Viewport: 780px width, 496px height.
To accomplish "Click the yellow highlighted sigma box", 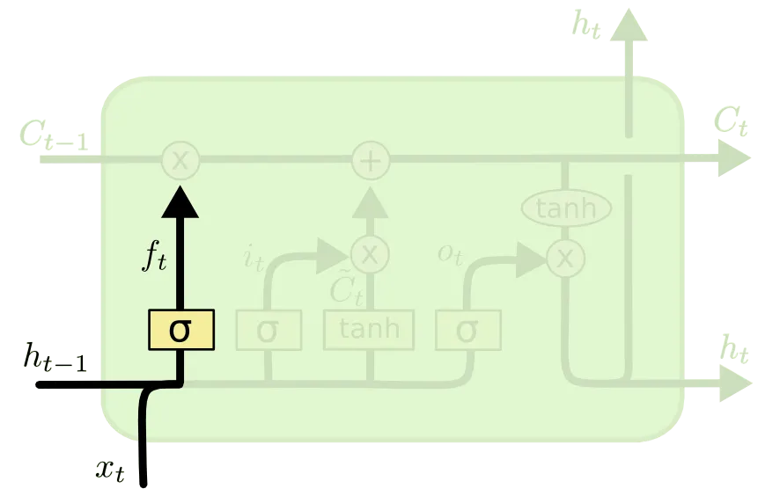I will pos(180,330).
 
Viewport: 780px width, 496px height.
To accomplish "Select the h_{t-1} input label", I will pos(55,359).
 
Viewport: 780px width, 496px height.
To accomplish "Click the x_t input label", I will pos(111,469).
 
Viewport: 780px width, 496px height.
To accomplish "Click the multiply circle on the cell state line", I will pos(180,161).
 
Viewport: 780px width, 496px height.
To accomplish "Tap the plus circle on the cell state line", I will pos(371,161).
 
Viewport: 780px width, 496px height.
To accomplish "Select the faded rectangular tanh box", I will pos(370,330).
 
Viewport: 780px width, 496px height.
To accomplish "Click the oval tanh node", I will pos(566,208).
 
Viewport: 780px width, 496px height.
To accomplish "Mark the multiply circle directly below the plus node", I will pos(371,255).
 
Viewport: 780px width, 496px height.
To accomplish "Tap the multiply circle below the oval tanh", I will pos(565,258).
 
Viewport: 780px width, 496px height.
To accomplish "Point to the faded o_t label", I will pos(450,253).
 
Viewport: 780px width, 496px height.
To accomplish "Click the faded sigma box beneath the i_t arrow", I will pos(269,331).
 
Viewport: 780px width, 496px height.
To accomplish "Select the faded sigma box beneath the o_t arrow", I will pos(467,331).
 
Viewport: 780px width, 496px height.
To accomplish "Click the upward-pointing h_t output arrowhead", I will pos(629,26).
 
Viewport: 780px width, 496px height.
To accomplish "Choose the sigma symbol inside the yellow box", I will pos(180,330).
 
